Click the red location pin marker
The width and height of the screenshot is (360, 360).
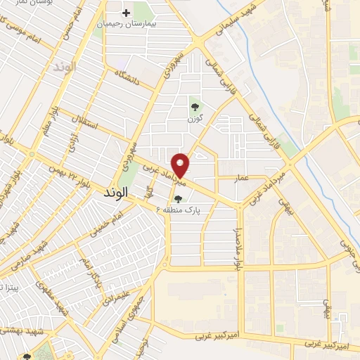[181, 165]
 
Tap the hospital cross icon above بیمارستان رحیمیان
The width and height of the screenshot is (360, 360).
[127, 13]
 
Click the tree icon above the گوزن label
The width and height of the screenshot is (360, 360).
[195, 107]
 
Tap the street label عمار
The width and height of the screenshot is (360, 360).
[242, 179]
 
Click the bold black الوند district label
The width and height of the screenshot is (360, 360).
[117, 191]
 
